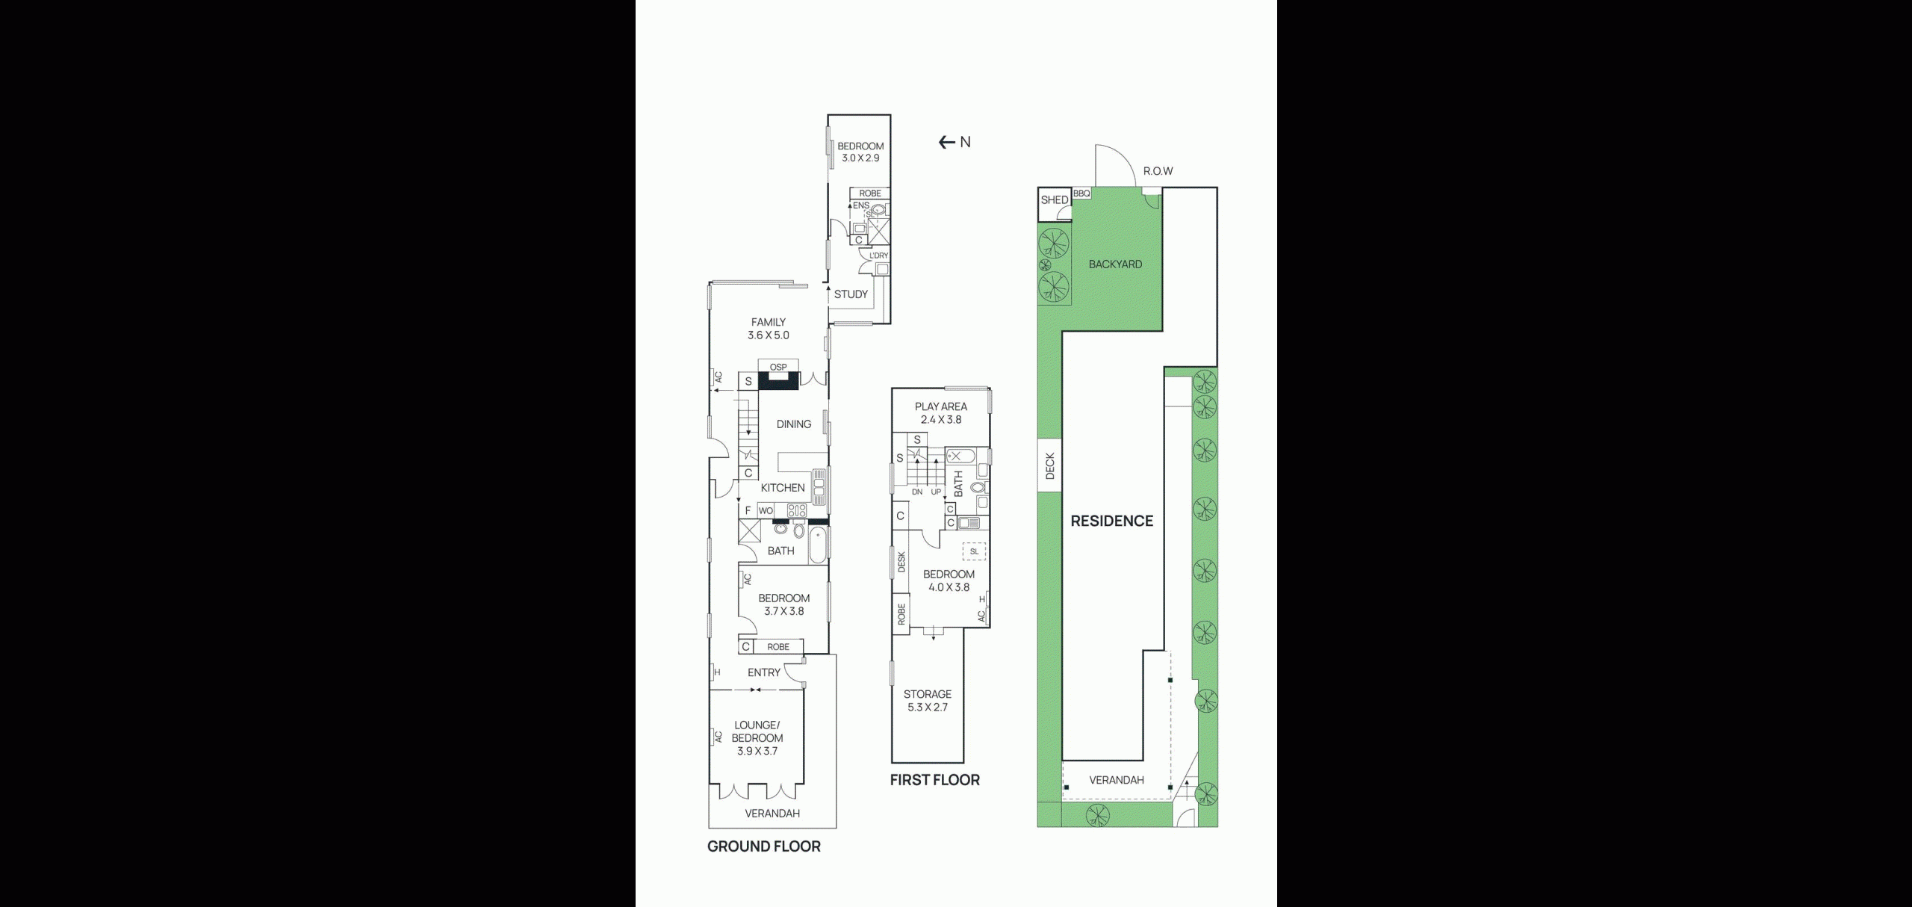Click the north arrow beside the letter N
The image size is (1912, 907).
point(947,142)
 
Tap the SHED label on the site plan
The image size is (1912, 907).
point(1055,200)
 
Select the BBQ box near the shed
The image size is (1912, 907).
point(1081,194)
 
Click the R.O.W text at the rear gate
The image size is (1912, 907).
point(1158,171)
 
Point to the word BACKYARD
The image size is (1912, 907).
point(1115,264)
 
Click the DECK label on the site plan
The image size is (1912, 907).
point(1050,466)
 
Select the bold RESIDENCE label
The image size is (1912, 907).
point(1112,521)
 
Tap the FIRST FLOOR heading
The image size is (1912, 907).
point(934,780)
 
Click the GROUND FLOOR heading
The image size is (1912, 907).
point(764,846)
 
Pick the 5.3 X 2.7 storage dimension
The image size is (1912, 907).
point(928,708)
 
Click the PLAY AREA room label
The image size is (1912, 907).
point(941,406)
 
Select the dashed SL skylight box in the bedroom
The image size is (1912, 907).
point(974,551)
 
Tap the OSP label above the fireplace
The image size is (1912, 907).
point(778,367)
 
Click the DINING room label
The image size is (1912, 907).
point(793,424)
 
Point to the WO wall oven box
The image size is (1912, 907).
point(766,511)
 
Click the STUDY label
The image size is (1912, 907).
point(851,294)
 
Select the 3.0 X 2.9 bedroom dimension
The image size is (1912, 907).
point(860,158)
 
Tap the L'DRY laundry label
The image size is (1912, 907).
point(879,256)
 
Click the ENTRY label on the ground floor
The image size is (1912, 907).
point(764,672)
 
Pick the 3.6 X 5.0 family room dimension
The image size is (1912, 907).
point(769,335)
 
